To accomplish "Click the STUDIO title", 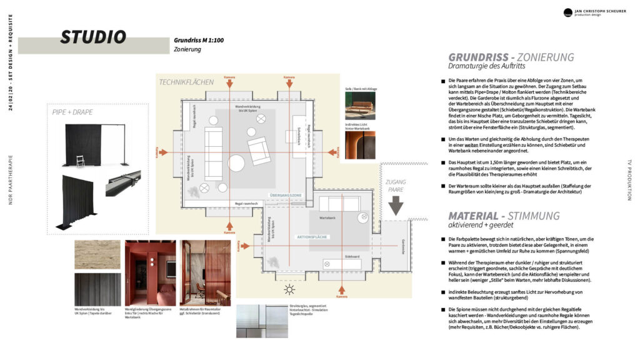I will tap(93, 37).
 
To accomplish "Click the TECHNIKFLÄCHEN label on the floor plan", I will tap(186, 82).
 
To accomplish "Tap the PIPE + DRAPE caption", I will tap(73, 112).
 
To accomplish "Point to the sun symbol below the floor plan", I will tap(289, 289).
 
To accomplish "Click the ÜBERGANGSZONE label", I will tap(285, 196).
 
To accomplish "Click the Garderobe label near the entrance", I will tap(403, 244).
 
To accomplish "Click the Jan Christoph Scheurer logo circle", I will tap(568, 12).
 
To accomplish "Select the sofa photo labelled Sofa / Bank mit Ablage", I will tap(360, 106).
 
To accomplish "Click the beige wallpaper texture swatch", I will tap(97, 254).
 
